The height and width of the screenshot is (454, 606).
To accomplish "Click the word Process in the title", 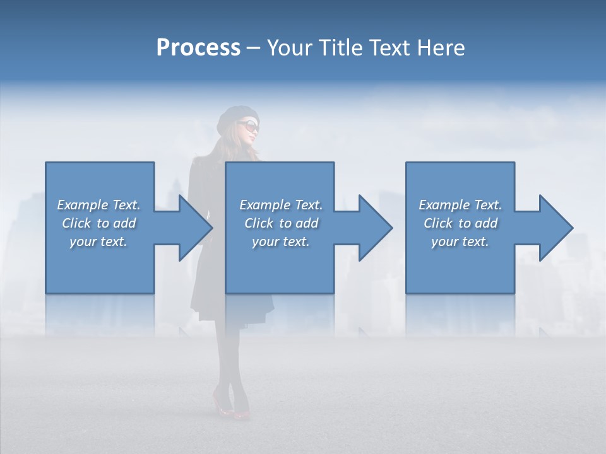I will (198, 48).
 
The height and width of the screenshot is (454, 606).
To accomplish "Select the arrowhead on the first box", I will (193, 228).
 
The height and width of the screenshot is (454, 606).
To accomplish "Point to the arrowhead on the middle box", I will (374, 228).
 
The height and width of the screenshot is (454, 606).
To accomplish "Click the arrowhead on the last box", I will (554, 228).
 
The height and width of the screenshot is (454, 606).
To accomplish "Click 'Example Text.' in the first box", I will (98, 205).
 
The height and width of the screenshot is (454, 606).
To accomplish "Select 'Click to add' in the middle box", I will (281, 223).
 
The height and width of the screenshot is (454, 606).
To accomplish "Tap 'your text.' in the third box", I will (460, 242).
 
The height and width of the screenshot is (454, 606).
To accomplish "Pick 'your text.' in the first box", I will (98, 242).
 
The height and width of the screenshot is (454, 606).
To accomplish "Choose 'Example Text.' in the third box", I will (460, 205).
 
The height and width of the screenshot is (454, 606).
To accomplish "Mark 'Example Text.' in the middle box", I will (281, 205).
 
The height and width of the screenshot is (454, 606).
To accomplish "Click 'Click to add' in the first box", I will (98, 223).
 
